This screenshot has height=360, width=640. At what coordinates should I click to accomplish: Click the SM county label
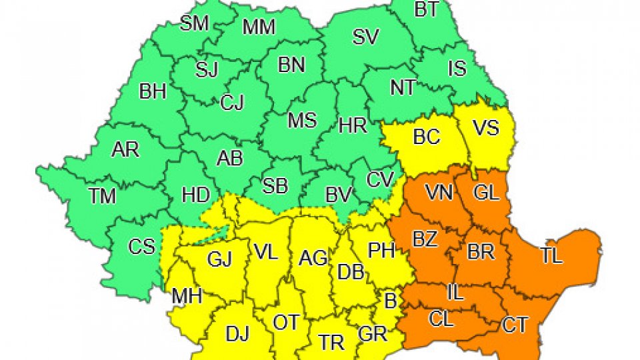tap(195, 24)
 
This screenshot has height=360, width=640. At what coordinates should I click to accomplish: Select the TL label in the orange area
tap(552, 256)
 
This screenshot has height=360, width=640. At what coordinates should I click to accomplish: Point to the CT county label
tap(515, 325)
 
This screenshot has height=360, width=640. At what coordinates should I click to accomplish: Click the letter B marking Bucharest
tap(390, 300)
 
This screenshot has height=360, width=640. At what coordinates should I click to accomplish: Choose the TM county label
tap(102, 196)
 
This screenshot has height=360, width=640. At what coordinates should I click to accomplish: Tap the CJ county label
tap(232, 103)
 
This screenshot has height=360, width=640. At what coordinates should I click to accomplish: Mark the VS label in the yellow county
tap(485, 127)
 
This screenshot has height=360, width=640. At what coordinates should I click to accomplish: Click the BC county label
tap(427, 137)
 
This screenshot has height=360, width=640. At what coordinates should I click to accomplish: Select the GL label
tap(486, 193)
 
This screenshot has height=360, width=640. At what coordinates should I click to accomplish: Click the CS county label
tap(141, 247)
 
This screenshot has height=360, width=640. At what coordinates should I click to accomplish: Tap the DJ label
tap(237, 334)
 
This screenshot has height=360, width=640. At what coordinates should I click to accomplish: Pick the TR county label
tap(331, 343)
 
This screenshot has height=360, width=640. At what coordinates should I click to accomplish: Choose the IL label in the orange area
tap(455, 291)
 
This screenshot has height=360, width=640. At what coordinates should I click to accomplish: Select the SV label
tap(365, 37)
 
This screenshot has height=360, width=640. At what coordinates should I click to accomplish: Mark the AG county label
tap(312, 257)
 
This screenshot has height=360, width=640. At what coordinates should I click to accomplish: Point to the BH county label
tap(153, 91)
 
